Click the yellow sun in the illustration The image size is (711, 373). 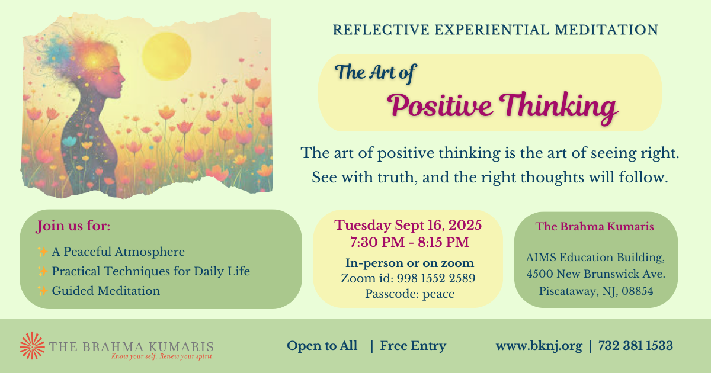pos(166,56)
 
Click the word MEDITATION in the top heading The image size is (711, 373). pos(606,30)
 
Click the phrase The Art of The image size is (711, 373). pos(375,73)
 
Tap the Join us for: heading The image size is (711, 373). pos(73,226)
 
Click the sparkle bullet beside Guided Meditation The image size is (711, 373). pos(43,291)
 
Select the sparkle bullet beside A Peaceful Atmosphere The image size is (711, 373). pos(43,252)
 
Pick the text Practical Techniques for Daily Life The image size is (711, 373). pos(150,272)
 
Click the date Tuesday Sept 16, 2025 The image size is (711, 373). pos(408,225)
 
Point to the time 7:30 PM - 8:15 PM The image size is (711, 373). pos(409,242)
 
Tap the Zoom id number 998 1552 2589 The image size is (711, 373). pos(436,278)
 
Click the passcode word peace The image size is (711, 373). pos(438,294)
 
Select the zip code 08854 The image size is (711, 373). pos(637,291)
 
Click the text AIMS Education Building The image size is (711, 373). pos(595,257)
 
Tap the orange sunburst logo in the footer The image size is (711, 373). pos(32,345)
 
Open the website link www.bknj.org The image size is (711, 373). pos(539,346)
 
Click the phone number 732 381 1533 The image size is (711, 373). pos(635,345)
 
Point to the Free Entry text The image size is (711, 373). pos(413,346)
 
